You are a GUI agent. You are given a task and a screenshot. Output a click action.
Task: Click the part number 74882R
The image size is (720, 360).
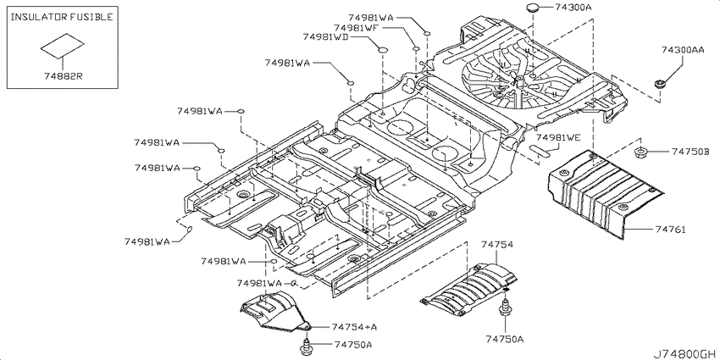[x=63, y=76]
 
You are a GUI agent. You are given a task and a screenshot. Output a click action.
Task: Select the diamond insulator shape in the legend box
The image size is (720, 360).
[x=63, y=46]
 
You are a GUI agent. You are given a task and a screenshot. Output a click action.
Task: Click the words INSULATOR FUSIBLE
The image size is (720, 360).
[x=62, y=18]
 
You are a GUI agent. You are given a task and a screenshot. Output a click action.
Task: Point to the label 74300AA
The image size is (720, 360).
[x=683, y=50]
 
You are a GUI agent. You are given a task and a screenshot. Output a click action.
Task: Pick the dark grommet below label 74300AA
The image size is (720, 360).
[x=661, y=84]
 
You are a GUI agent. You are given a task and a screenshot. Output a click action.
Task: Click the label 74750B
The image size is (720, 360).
[x=690, y=151]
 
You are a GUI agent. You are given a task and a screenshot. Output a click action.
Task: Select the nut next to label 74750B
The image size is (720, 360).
[x=640, y=153]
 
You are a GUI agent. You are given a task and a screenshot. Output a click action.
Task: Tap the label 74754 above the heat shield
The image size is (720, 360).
[x=497, y=245]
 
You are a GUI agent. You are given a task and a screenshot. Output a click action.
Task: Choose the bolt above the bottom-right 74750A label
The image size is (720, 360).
[x=505, y=307]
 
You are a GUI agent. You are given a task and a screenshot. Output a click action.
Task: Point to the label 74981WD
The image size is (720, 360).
[x=325, y=37]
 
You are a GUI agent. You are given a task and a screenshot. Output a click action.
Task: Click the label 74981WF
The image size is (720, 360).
[x=356, y=28]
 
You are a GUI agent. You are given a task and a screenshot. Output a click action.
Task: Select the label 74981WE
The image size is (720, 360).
[x=558, y=137]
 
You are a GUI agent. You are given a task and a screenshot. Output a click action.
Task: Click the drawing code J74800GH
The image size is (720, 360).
[x=684, y=353]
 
